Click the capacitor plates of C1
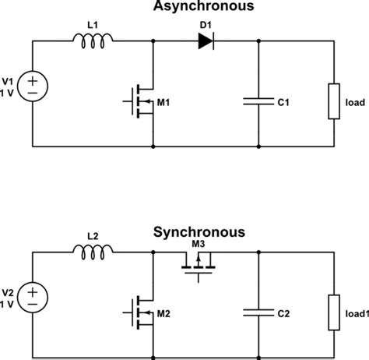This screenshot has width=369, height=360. pyautogui.click(x=258, y=101)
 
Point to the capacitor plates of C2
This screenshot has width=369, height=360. pyautogui.click(x=258, y=313)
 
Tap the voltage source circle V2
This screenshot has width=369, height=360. pyautogui.click(x=33, y=297)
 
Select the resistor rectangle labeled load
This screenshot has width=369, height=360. pyautogui.click(x=334, y=101)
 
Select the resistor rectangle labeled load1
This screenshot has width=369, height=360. pyautogui.click(x=334, y=313)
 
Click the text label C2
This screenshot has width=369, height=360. pyautogui.click(x=285, y=314)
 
